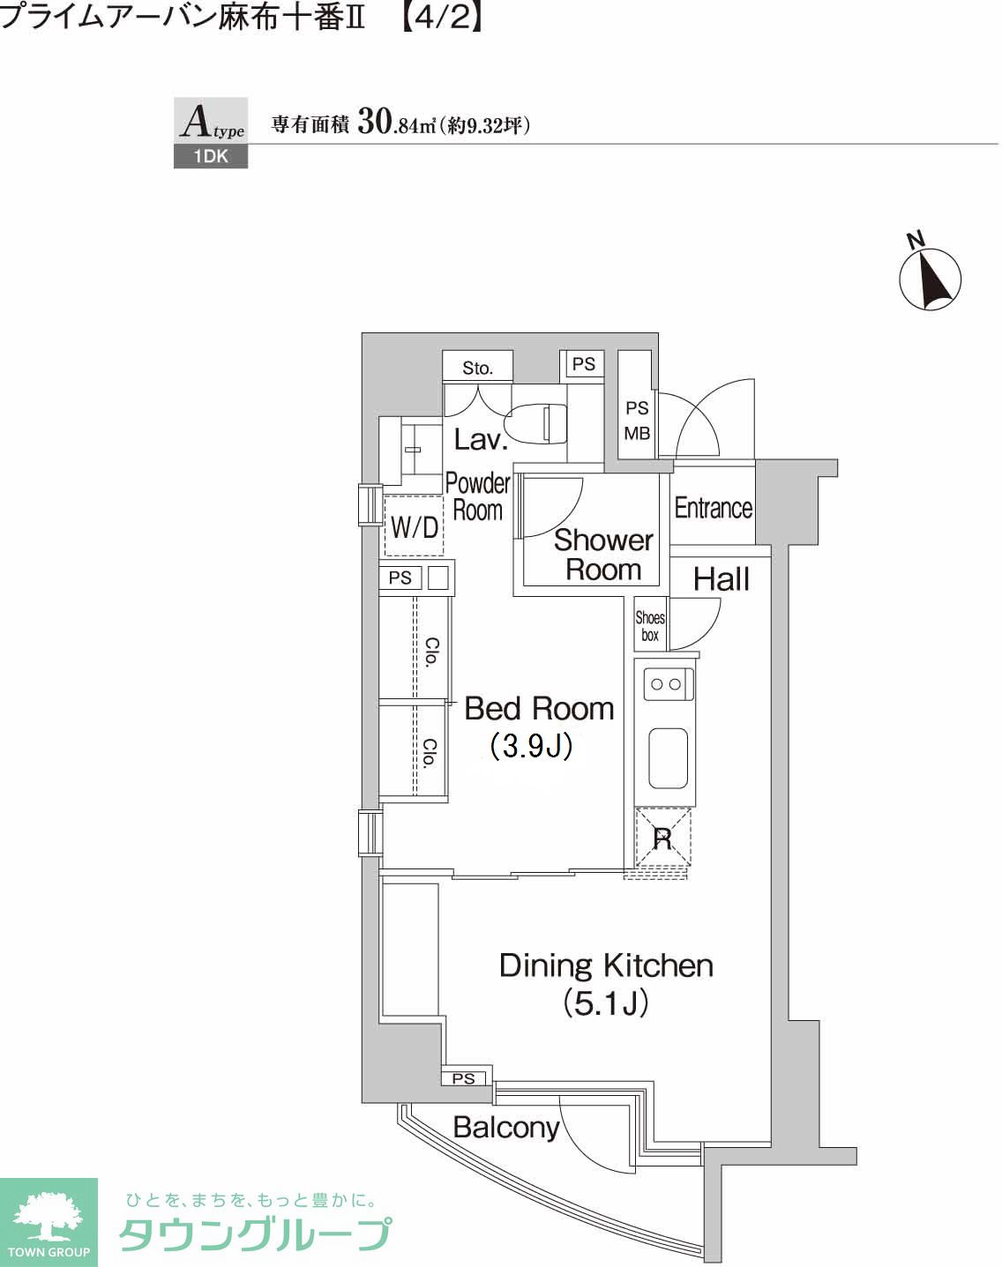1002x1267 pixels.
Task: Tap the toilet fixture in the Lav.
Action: tap(536, 422)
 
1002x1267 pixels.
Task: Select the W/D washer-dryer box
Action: tap(414, 525)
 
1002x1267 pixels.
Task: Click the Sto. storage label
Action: tap(477, 368)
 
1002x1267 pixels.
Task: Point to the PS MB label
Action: tap(637, 421)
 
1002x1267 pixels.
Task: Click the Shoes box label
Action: tap(650, 626)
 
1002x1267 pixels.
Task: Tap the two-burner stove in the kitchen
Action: tap(668, 684)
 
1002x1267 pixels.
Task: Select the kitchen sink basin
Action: tap(668, 758)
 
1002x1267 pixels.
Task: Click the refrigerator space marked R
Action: tap(662, 838)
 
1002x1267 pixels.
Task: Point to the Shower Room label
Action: tap(603, 555)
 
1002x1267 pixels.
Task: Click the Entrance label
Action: tap(714, 508)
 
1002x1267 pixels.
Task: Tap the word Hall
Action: tap(722, 579)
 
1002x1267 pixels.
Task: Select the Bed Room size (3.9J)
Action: tap(531, 746)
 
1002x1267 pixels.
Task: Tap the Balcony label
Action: tap(506, 1127)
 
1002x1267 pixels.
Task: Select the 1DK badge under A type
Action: tap(211, 157)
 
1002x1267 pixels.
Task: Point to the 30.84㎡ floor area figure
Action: tap(396, 124)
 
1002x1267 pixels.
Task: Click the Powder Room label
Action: tap(478, 496)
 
